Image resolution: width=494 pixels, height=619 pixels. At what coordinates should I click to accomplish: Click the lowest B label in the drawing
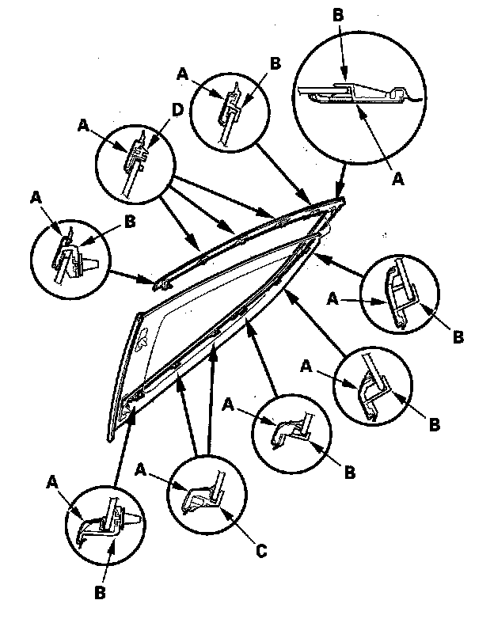click(x=100, y=591)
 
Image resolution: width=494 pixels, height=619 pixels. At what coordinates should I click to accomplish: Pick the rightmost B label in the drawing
click(x=458, y=337)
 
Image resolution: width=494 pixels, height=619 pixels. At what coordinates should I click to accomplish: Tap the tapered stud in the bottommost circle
click(x=135, y=518)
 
